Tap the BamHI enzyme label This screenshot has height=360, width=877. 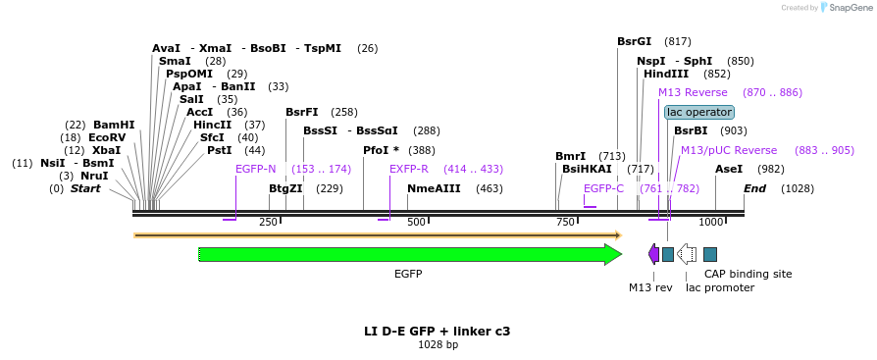pos(114,126)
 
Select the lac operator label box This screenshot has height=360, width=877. pos(698,112)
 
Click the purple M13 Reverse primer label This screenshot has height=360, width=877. pos(693,93)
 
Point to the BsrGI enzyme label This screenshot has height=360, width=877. pos(634,42)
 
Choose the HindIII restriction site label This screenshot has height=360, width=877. pos(665,75)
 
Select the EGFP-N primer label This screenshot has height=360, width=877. pos(255,170)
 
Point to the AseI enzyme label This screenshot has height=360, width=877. pos(729,170)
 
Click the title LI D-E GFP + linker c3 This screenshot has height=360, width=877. pos(438,332)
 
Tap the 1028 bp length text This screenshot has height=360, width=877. pos(438,345)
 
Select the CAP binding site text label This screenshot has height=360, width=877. pos(748,275)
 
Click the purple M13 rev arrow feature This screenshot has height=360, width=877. pos(653,254)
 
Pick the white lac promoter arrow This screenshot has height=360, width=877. pos(687,254)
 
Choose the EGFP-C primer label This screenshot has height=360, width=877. pos(603,188)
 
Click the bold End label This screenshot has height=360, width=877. pos(754,188)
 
